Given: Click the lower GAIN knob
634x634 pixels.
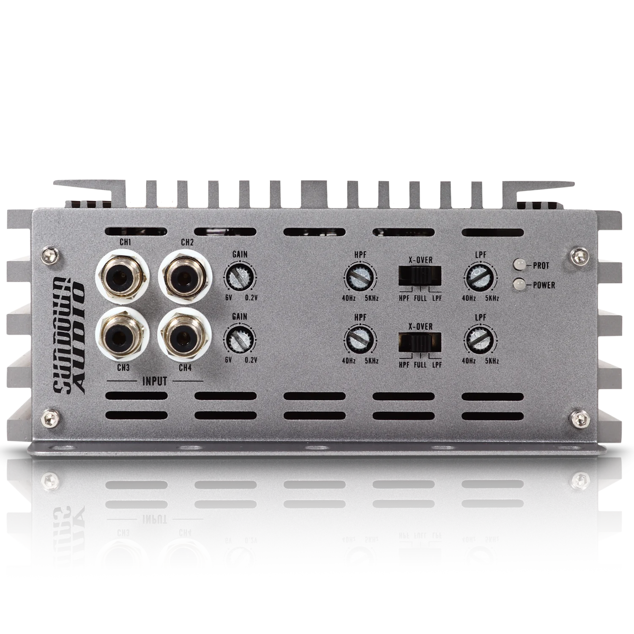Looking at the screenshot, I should click(240, 339).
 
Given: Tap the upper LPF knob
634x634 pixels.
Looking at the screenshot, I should click(481, 278).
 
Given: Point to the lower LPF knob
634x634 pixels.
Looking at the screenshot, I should click(481, 339).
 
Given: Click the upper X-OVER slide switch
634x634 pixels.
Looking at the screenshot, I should click(420, 276).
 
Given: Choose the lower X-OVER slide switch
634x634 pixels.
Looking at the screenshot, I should click(420, 342).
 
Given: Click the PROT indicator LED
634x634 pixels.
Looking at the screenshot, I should click(519, 265).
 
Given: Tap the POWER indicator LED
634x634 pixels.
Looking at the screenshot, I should click(519, 284).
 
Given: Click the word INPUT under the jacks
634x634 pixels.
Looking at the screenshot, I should click(154, 381).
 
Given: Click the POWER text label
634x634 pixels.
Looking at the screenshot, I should click(544, 285).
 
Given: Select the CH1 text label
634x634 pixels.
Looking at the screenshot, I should click(126, 243).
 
